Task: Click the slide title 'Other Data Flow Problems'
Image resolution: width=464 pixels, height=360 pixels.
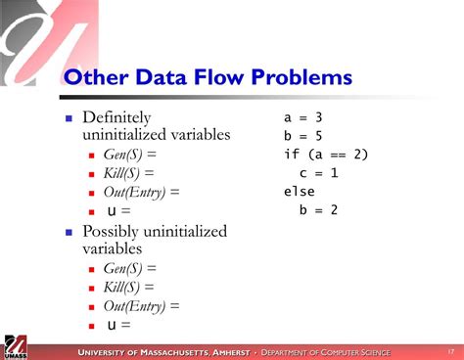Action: (208, 77)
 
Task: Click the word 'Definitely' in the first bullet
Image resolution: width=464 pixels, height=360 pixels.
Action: (119, 116)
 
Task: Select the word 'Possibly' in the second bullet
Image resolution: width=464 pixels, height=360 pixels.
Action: (115, 232)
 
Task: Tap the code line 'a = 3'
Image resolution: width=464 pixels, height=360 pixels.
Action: (303, 116)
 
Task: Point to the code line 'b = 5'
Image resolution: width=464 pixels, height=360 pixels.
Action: (303, 135)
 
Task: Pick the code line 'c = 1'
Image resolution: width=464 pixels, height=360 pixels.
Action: (319, 172)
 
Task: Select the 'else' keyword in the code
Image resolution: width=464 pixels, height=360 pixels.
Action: (300, 191)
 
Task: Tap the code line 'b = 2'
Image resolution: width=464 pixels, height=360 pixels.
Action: (319, 209)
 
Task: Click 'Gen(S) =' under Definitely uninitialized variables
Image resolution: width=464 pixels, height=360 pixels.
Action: (130, 155)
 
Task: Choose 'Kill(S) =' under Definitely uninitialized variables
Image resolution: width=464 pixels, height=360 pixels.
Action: (129, 173)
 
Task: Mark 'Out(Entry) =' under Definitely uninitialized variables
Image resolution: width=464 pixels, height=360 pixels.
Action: (141, 192)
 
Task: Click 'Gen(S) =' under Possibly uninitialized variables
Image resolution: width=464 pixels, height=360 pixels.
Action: (130, 269)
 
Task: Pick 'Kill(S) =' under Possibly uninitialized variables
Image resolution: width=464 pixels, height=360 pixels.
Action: (129, 288)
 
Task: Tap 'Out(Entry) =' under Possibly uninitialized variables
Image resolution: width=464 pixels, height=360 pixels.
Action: (141, 306)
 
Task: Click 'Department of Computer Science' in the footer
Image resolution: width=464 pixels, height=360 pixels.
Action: (325, 352)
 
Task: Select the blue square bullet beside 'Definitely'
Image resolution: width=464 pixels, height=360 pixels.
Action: (69, 117)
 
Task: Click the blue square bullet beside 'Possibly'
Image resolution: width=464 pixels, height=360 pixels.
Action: (69, 233)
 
